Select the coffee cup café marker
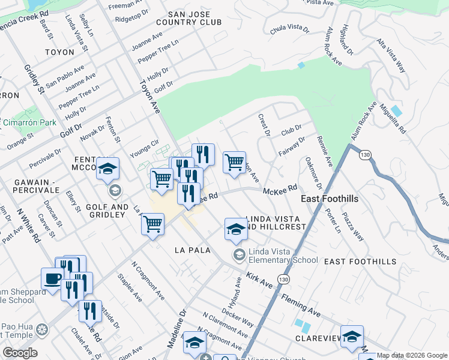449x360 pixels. coord(52,278)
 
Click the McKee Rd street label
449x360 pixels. coord(280,190)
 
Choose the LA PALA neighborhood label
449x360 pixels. coord(192,250)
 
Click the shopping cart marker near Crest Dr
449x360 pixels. coord(234,162)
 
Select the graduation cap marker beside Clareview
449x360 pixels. coord(352,336)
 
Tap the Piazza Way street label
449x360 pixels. coord(353,226)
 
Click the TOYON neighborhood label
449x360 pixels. coord(59,52)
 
